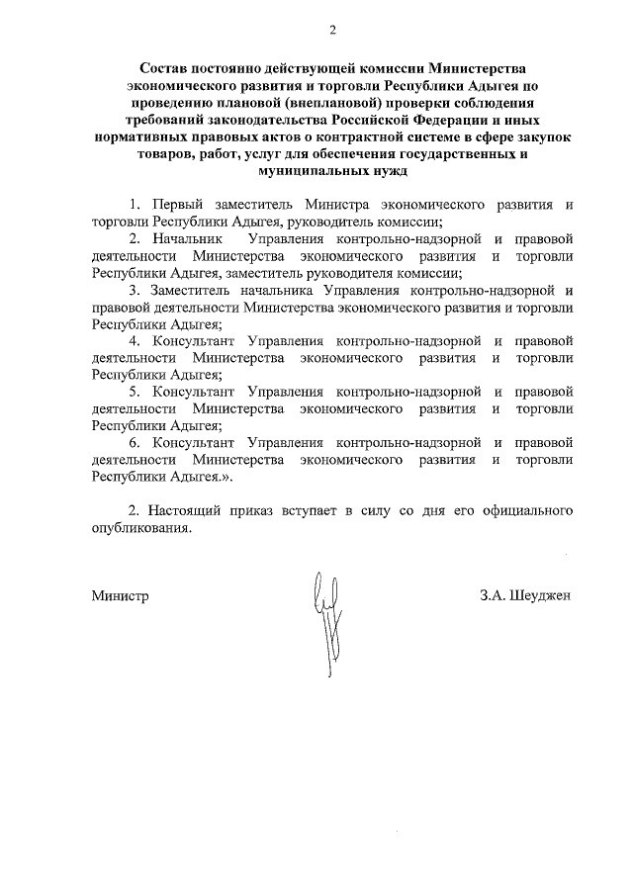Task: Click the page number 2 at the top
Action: coord(333,31)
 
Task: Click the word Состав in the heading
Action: coord(163,68)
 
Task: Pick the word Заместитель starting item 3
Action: coord(194,291)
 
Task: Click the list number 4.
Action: coord(135,341)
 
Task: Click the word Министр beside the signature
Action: coord(120,596)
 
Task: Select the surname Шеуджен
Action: coord(540,596)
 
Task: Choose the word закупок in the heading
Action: coord(542,136)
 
